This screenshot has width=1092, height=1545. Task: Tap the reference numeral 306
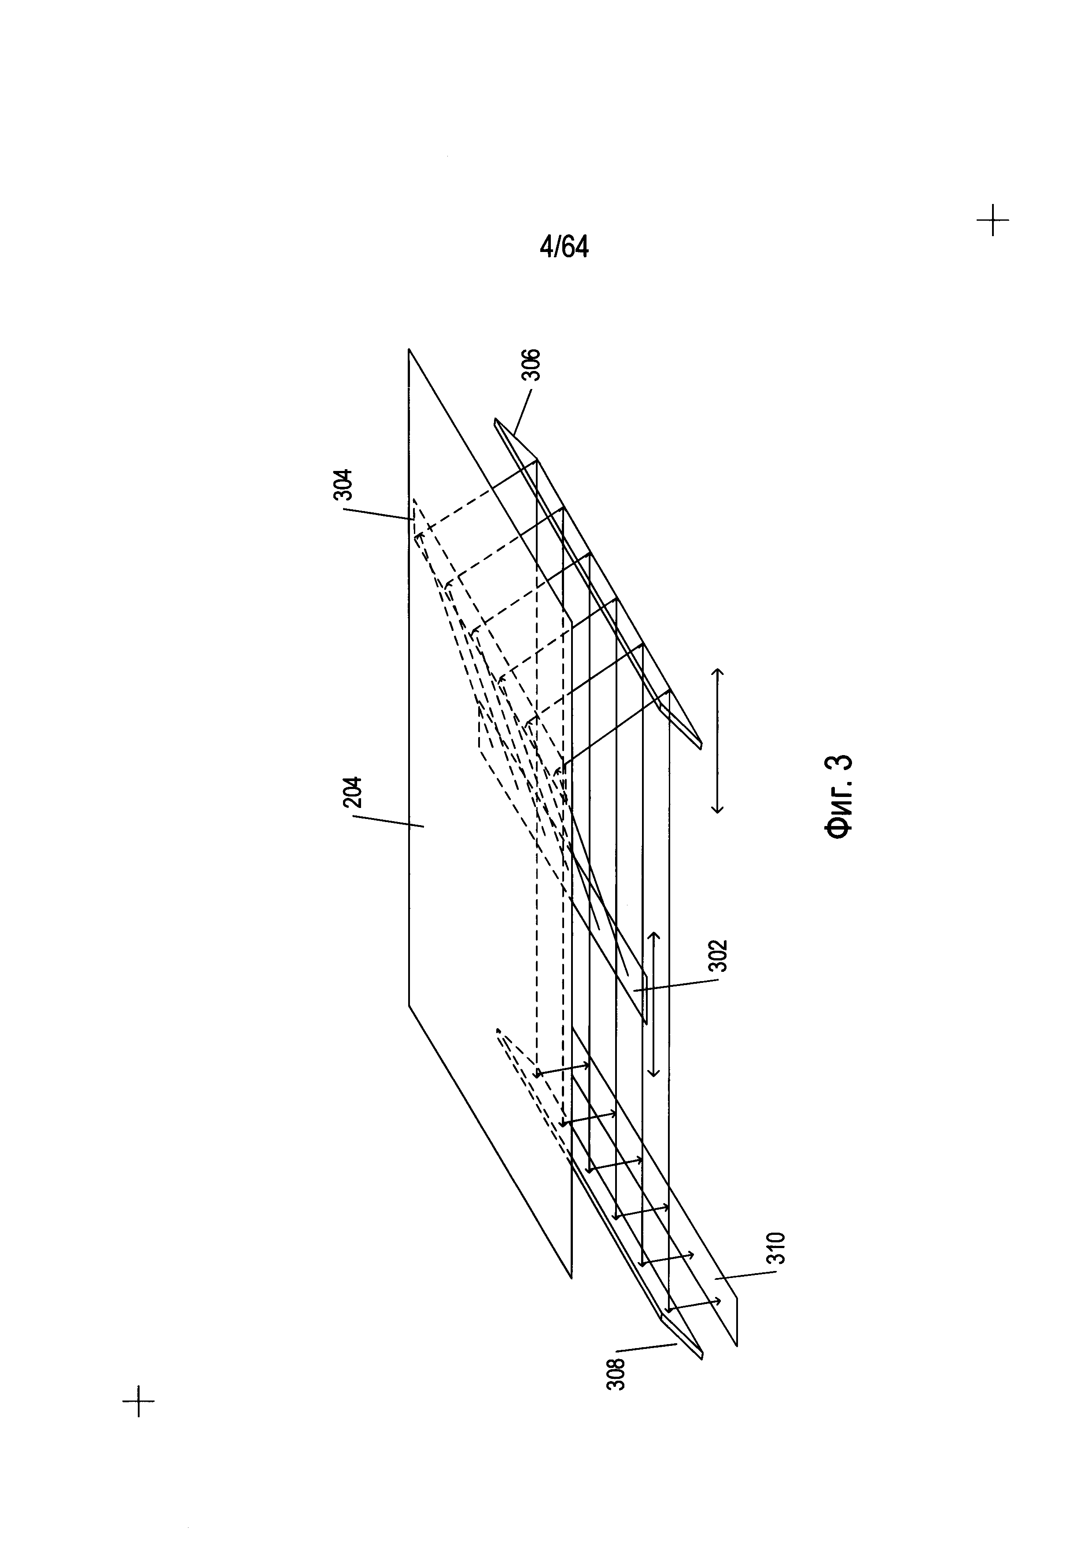[x=532, y=365]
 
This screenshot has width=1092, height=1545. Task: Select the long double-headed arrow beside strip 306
[x=717, y=741]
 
